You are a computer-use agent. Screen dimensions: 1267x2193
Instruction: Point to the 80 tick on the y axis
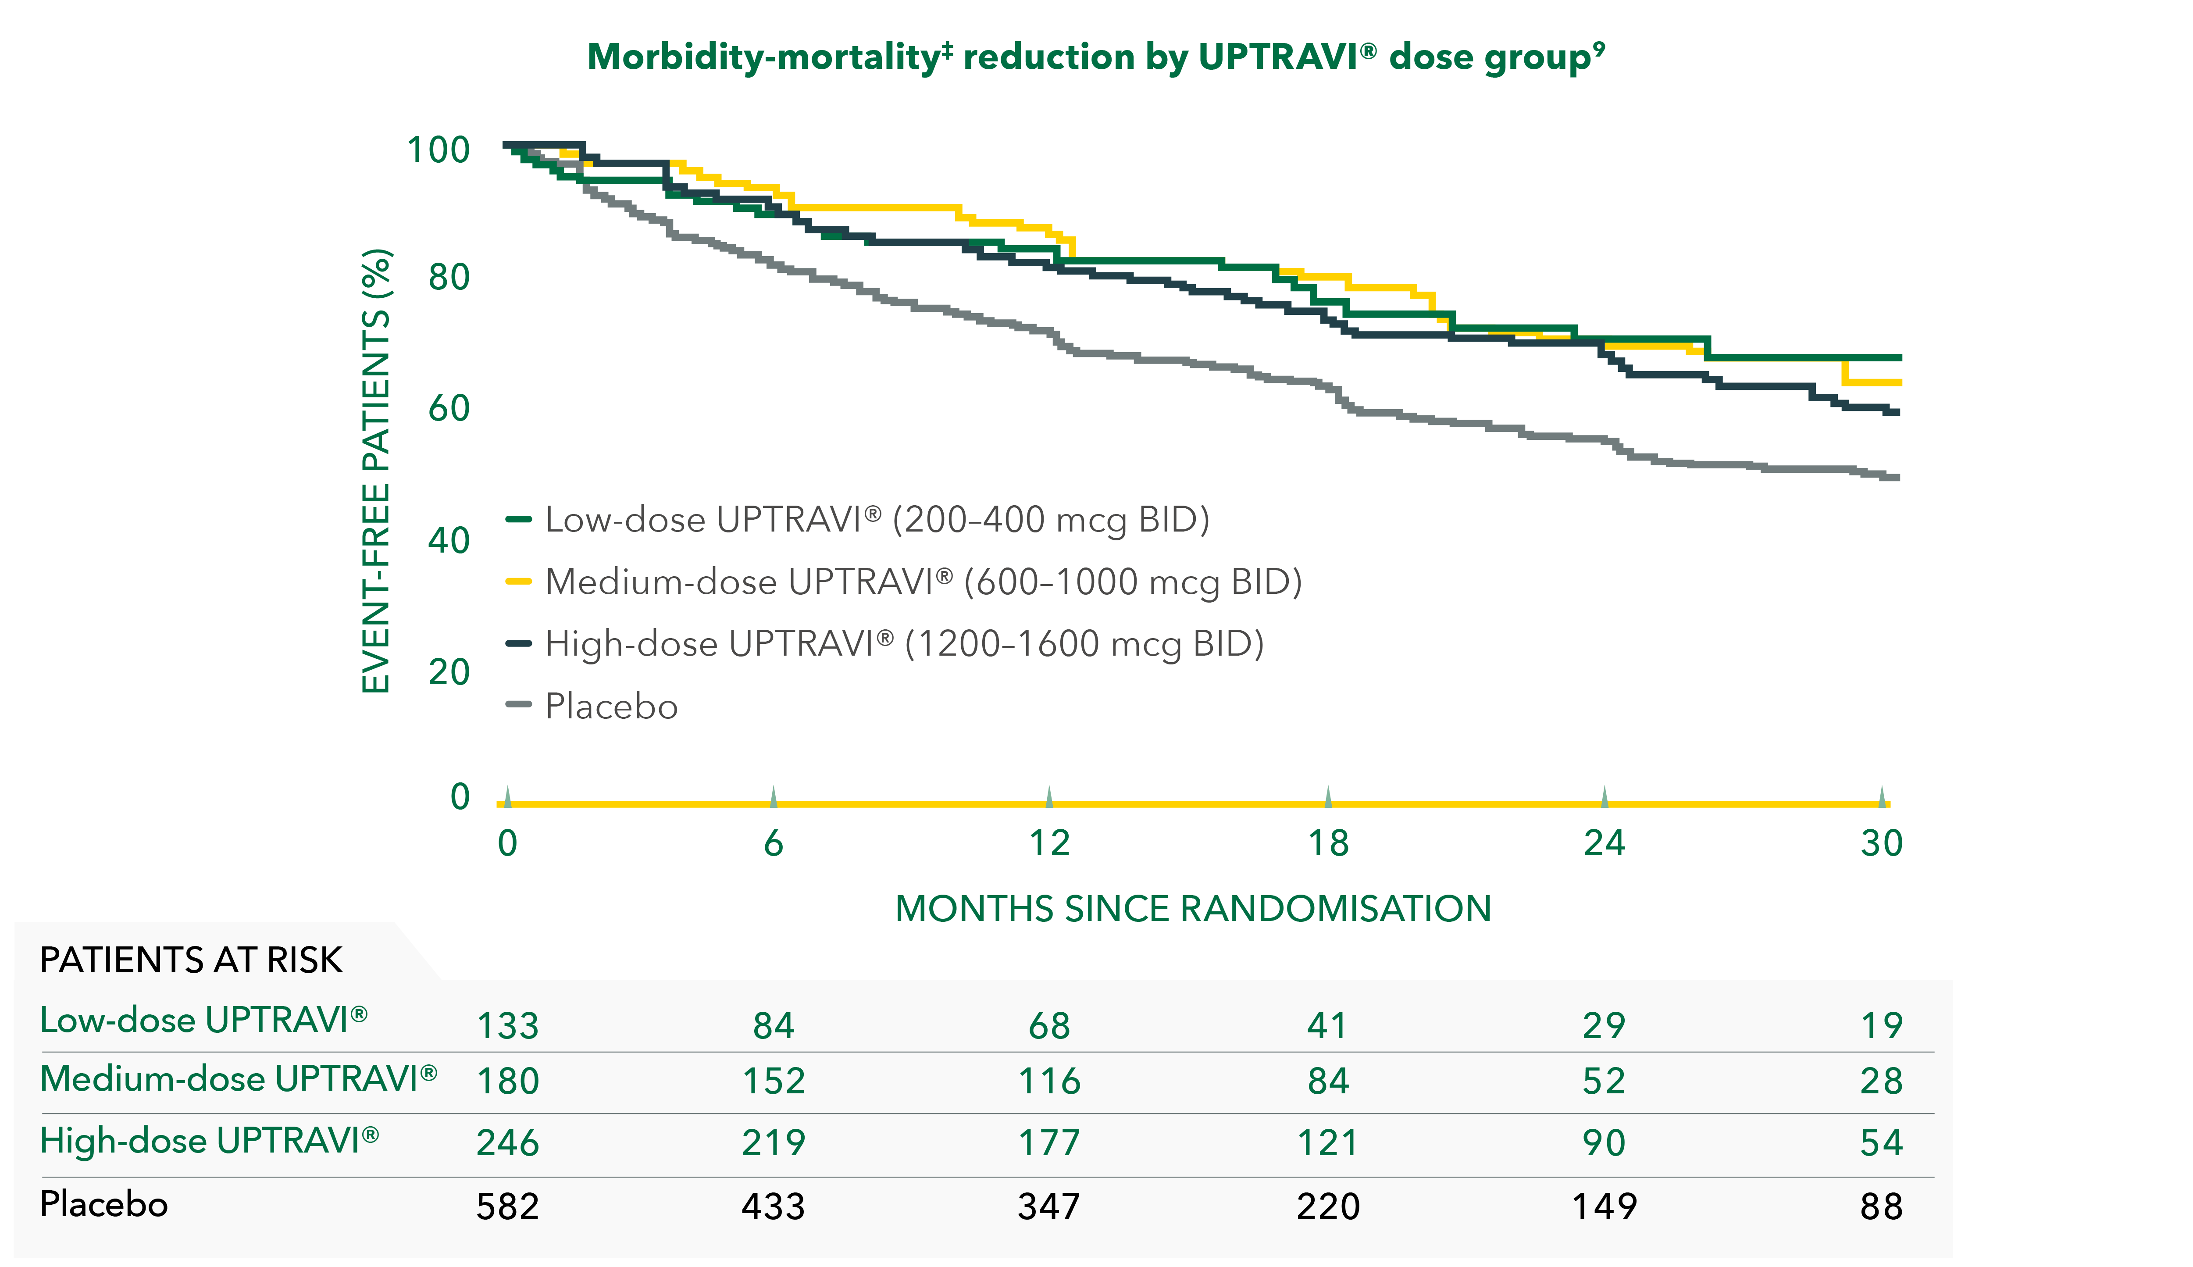pyautogui.click(x=449, y=278)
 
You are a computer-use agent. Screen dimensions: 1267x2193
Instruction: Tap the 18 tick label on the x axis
pyautogui.click(x=1327, y=843)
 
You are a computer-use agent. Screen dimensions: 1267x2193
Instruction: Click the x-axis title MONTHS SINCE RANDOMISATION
pyautogui.click(x=1193, y=909)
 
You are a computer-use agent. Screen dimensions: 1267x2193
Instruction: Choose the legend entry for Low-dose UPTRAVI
pyautogui.click(x=876, y=520)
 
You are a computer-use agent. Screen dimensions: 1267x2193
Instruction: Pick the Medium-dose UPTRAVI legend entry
pyautogui.click(x=922, y=581)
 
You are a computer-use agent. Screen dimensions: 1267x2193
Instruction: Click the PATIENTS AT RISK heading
pyautogui.click(x=191, y=960)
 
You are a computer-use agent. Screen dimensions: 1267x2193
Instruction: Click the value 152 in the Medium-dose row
pyautogui.click(x=774, y=1081)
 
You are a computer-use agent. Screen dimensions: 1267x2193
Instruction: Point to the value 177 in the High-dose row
pyautogui.click(x=1049, y=1142)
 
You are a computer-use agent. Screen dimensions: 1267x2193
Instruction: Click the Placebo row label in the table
pyautogui.click(x=103, y=1204)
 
